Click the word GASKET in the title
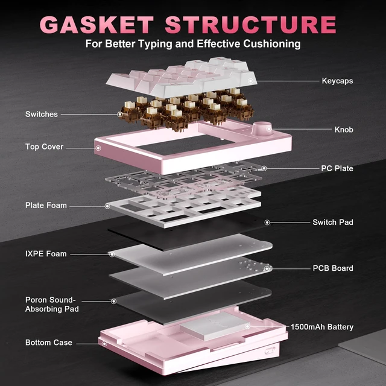pos(96,25)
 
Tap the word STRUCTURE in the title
pos(251,25)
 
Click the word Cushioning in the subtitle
pos(272,44)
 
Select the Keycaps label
pos(337,81)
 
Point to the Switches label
pos(42,114)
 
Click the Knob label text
pos(344,130)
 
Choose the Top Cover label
pos(44,147)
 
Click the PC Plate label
pos(337,168)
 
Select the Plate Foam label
pos(46,205)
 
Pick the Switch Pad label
pos(333,223)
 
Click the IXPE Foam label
pos(46,254)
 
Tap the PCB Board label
pos(333,268)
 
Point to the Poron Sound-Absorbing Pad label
pos(52,304)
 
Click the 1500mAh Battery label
pos(322,327)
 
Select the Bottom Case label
pos(49,343)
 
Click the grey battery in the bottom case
pos(215,326)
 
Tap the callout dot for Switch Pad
pos(267,223)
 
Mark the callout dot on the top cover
pos(98,148)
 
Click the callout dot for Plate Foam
pos(107,206)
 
